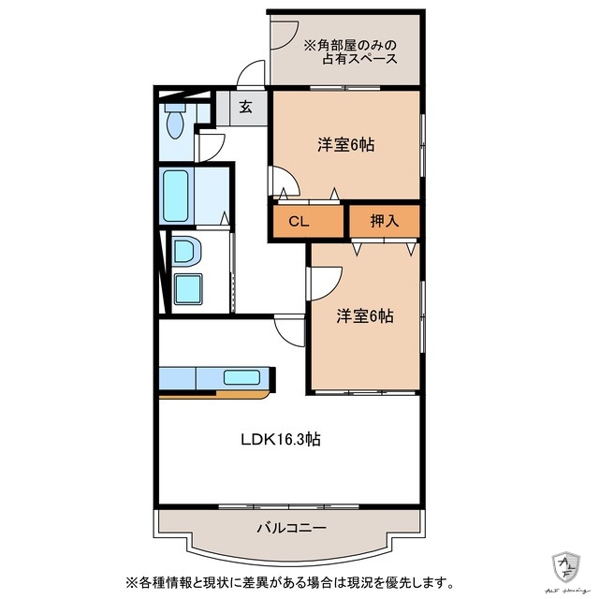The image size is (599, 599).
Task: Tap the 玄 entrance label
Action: click(244, 107)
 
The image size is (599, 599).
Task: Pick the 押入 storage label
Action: click(384, 222)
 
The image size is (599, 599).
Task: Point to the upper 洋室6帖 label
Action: click(345, 145)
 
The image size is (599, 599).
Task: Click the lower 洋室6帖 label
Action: click(364, 315)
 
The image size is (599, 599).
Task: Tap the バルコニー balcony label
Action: click(291, 528)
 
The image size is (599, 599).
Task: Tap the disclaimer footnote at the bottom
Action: click(285, 581)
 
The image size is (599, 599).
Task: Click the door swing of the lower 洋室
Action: click(323, 278)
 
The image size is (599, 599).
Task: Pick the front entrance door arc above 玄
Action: click(250, 75)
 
